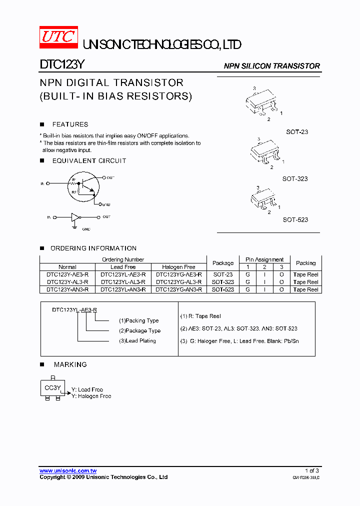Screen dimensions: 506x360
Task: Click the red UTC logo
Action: tap(58, 37)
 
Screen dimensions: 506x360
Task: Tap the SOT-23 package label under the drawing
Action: tap(297, 131)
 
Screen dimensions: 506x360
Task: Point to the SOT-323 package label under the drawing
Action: tap(295, 178)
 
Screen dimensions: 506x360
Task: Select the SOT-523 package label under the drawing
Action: tap(295, 219)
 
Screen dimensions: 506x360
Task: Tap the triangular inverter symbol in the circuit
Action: tap(75, 217)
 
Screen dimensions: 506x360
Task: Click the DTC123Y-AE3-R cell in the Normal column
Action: tap(67, 274)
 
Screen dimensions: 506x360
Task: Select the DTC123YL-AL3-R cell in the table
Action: tap(123, 282)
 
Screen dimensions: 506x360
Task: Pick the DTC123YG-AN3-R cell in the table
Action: tap(178, 289)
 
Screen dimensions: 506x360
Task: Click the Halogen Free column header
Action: tap(178, 267)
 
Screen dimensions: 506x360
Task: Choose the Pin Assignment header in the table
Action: tap(264, 259)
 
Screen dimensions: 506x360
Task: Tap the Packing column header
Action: tap(305, 263)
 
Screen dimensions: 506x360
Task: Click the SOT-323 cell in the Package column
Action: tap(223, 282)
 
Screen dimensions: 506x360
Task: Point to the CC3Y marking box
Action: tap(52, 387)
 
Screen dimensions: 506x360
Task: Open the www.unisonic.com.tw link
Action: tap(68, 470)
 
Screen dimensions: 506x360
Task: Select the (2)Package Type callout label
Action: tap(139, 330)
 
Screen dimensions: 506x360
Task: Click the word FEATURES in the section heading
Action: tap(70, 124)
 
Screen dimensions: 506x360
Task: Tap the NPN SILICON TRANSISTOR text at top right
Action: tap(271, 66)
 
